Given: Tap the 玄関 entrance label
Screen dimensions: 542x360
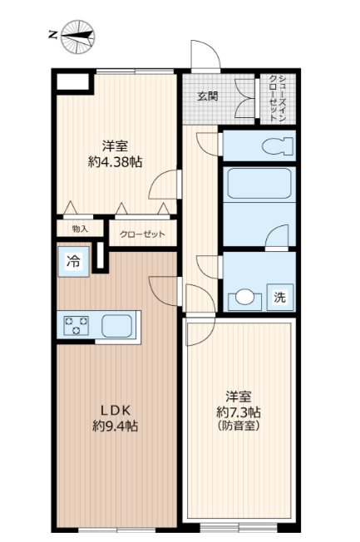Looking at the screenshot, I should (208, 96).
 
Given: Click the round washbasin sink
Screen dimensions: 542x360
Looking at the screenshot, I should (244, 298).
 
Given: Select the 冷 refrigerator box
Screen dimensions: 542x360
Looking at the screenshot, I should (73, 260).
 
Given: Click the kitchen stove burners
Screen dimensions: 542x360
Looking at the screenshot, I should (77, 324).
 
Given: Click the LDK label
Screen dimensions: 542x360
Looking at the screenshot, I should (116, 410).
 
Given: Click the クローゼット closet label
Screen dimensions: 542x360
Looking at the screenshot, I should (143, 234).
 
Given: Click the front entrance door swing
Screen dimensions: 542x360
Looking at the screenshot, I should (204, 55).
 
